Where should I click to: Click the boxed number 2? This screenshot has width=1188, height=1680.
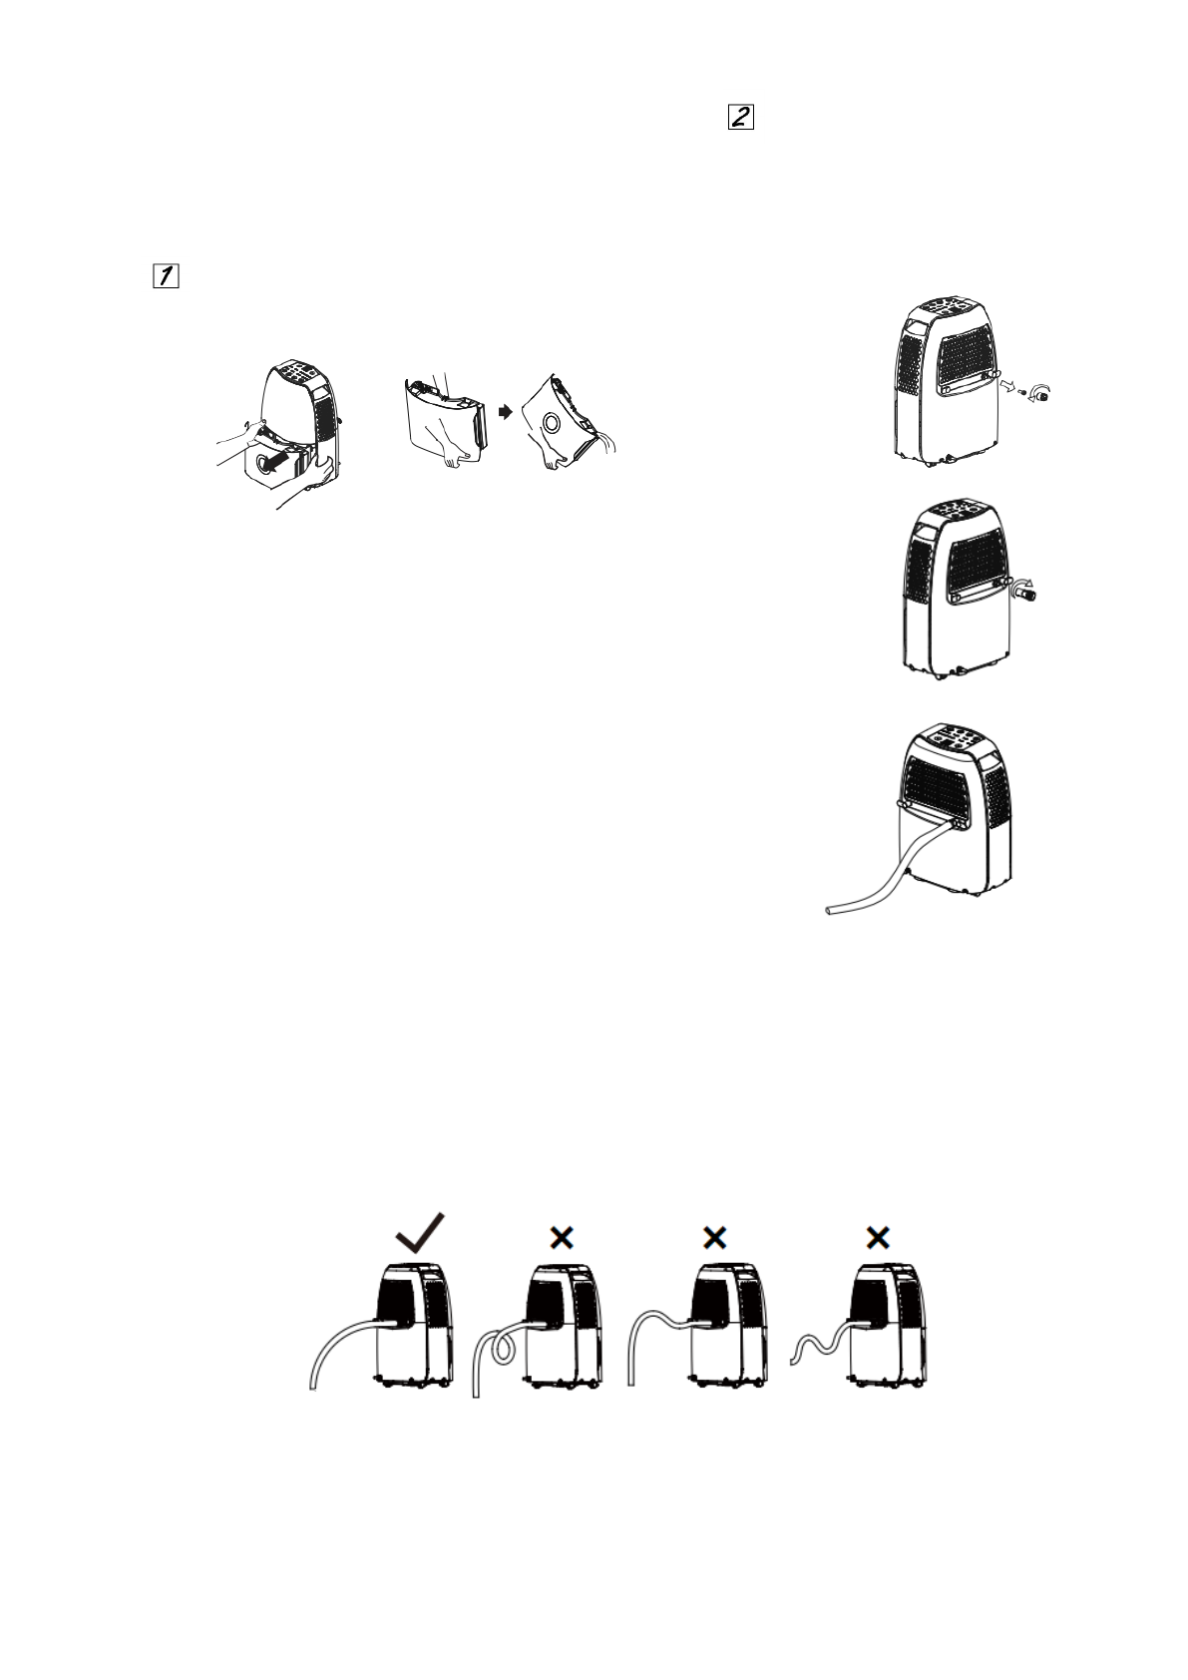[740, 118]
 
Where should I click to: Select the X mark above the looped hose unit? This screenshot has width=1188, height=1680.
[562, 1238]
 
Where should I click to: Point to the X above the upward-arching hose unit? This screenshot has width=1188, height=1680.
[714, 1238]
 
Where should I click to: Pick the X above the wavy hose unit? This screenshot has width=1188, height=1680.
[877, 1238]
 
